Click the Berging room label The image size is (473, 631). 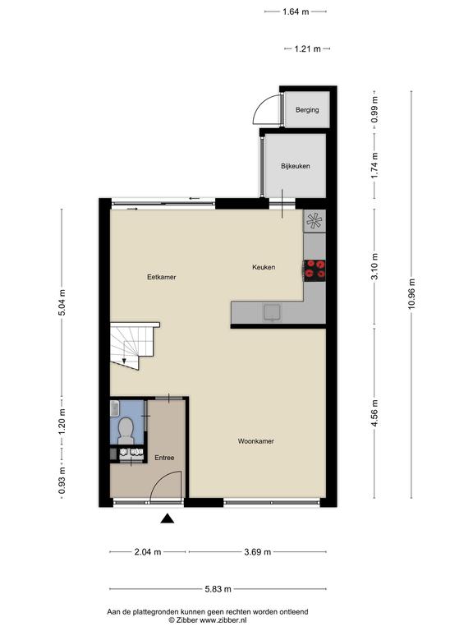(307, 109)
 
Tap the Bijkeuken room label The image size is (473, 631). (296, 166)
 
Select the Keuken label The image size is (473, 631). (264, 267)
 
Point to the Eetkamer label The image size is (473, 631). (161, 277)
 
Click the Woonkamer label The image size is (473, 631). (256, 441)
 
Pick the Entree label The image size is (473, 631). (164, 458)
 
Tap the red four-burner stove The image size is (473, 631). (315, 270)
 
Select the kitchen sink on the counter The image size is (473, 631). (273, 313)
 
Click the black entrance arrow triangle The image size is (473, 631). (168, 519)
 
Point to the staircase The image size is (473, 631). (135, 345)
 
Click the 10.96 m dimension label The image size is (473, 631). (411, 294)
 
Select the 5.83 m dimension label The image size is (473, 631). (218, 589)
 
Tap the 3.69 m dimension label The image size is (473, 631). (257, 552)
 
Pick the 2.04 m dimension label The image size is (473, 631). (148, 552)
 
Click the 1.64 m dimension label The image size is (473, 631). (296, 12)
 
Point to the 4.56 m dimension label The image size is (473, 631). (374, 413)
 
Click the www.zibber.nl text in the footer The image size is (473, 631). (223, 620)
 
